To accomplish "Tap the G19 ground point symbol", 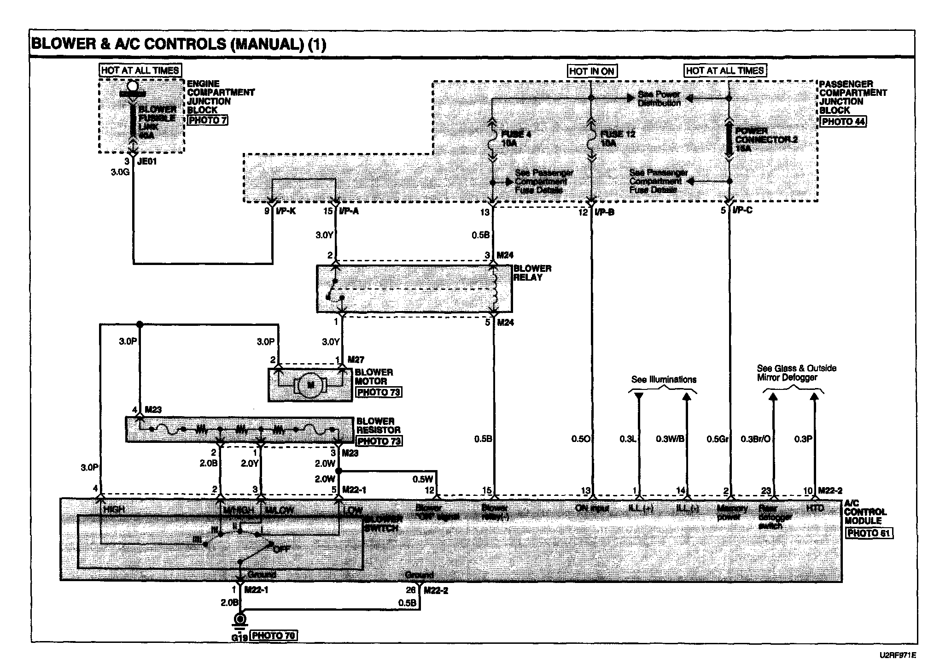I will (240, 618).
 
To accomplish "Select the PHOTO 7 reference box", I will (207, 120).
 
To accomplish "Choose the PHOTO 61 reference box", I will (869, 533).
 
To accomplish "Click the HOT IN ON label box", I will (592, 71).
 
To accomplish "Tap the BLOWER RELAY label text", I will (532, 273).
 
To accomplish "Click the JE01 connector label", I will (147, 162).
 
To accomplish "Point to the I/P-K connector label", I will (285, 212).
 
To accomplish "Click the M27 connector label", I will (356, 359).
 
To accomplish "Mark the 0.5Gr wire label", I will (718, 439).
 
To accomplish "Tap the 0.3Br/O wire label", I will (755, 439).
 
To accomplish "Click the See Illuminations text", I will (664, 380).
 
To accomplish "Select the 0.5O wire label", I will (581, 439).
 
